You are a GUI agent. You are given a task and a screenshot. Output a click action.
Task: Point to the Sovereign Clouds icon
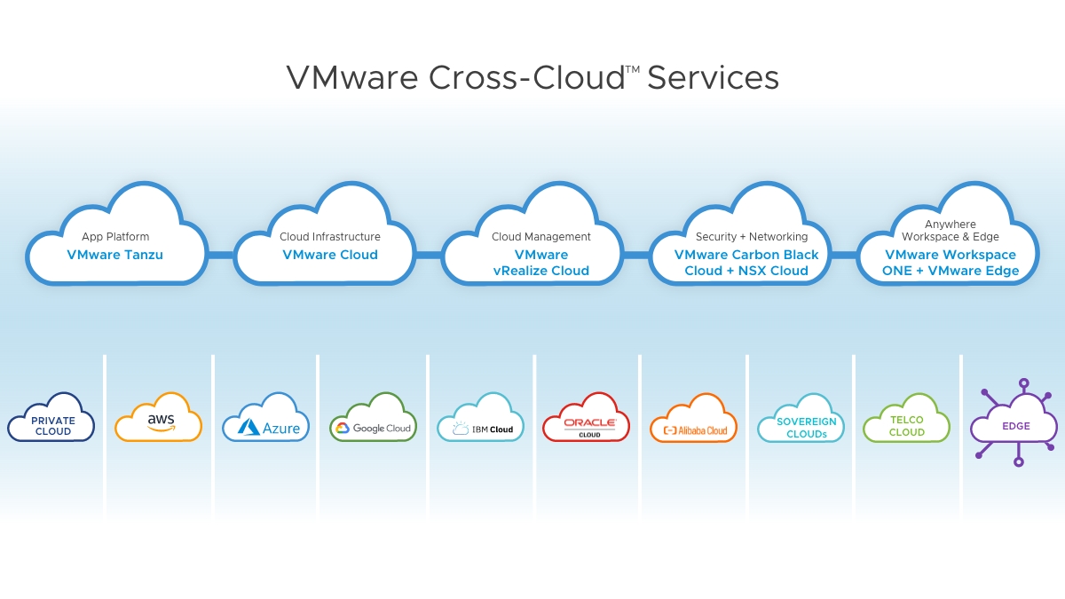tap(801, 421)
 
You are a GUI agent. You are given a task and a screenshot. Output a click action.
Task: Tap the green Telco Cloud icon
tap(906, 421)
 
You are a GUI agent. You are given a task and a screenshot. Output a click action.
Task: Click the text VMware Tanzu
tap(115, 255)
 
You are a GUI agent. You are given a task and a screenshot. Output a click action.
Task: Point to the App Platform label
tap(115, 237)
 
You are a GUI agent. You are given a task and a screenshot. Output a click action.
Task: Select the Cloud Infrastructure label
tap(330, 237)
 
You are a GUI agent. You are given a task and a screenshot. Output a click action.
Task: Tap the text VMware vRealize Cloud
tap(541, 263)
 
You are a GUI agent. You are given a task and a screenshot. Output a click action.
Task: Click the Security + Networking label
tap(752, 237)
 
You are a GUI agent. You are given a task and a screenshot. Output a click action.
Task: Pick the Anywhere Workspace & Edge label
tap(951, 231)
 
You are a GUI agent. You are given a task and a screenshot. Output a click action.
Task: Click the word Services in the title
tap(714, 77)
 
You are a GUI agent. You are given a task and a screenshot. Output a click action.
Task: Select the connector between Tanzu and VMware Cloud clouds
tap(221, 255)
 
